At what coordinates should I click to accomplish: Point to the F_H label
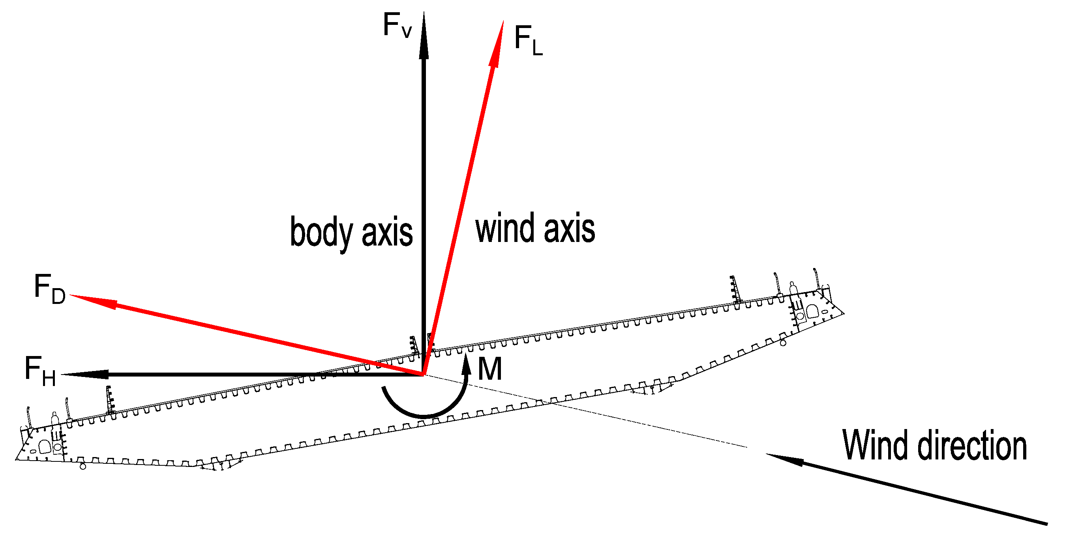coord(40,371)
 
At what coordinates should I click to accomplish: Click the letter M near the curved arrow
coord(489,369)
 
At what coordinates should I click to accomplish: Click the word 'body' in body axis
coord(321,232)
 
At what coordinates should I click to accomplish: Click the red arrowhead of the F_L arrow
coord(497,45)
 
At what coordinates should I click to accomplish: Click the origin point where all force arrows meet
coord(423,375)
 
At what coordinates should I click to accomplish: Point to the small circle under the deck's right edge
coord(783,343)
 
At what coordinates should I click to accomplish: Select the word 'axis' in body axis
coord(387,232)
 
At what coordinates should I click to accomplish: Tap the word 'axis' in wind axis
coord(569,228)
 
